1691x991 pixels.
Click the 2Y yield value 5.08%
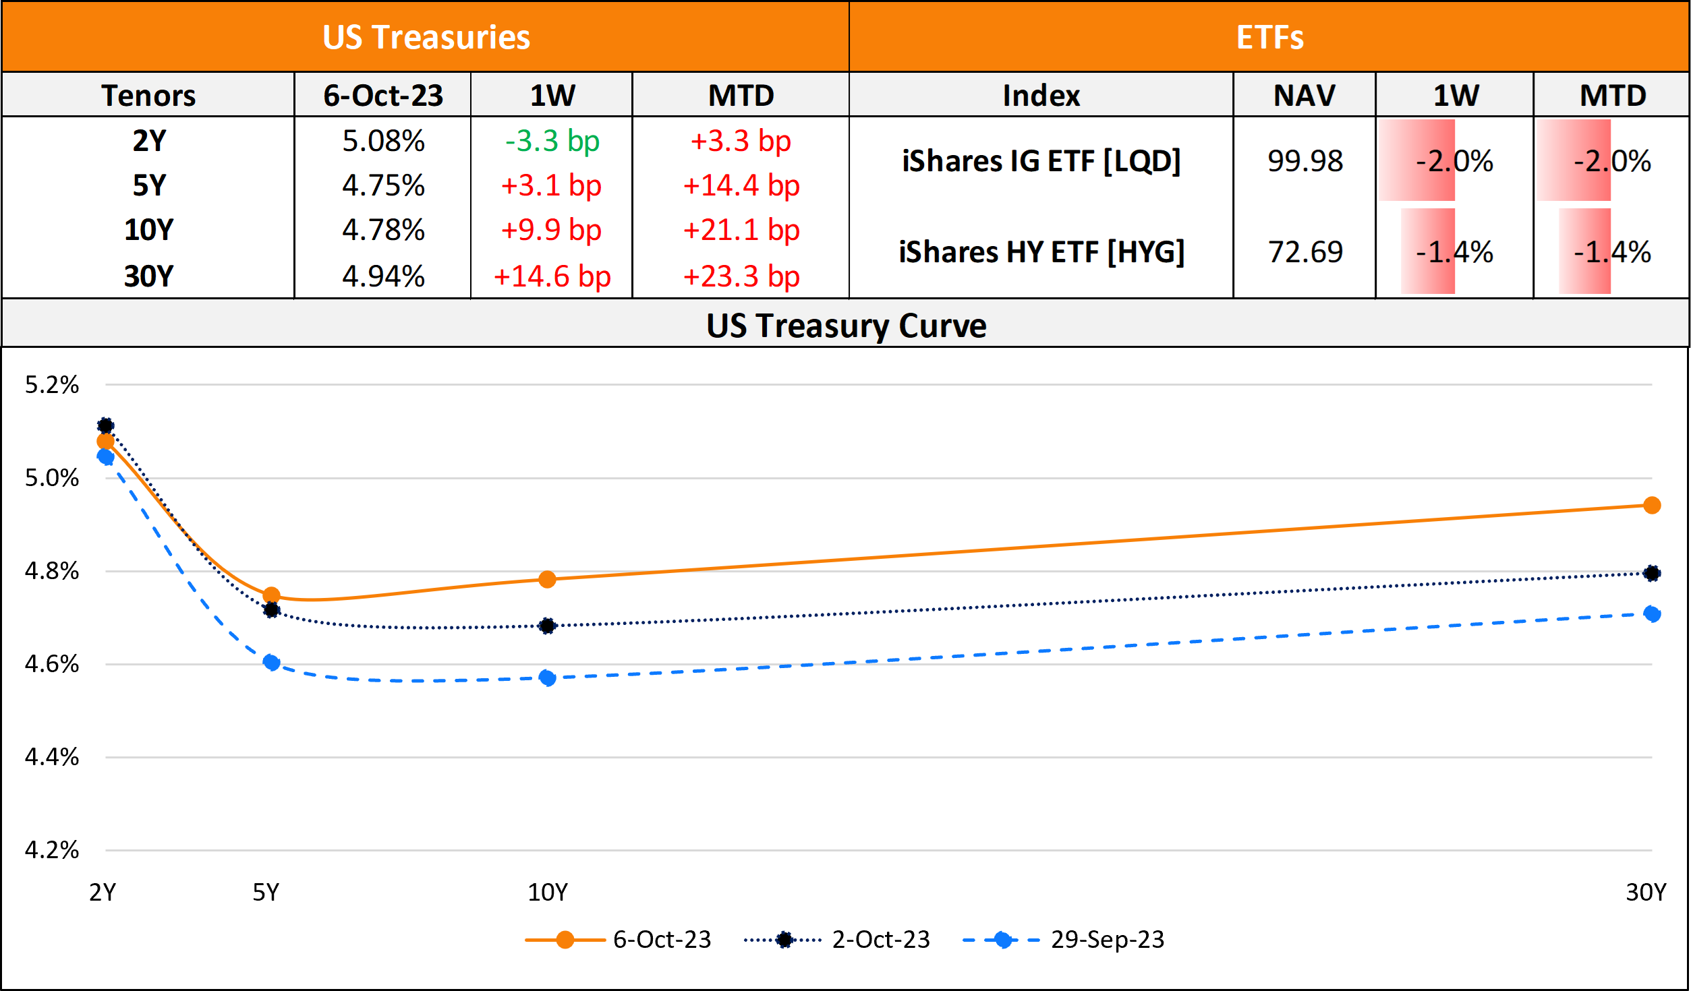383,141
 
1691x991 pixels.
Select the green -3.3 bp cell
552,141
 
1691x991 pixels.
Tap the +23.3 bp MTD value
741,276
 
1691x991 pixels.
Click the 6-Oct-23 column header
383,95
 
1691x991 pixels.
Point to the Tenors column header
148,95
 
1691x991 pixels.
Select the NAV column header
1304,95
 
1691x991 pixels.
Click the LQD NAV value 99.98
1305,161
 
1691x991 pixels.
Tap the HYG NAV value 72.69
1305,252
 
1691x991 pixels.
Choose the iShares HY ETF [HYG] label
1041,252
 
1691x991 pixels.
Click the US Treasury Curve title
846,326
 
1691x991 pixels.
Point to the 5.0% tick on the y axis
52,478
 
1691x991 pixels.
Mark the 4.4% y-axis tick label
52,757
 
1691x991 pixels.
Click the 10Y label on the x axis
547,893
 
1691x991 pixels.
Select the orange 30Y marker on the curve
1651,506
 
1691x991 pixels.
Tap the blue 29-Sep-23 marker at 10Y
547,678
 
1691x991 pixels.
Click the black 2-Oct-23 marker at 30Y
1651,573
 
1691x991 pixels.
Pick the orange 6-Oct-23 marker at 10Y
547,579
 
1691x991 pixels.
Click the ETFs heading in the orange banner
1269,37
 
